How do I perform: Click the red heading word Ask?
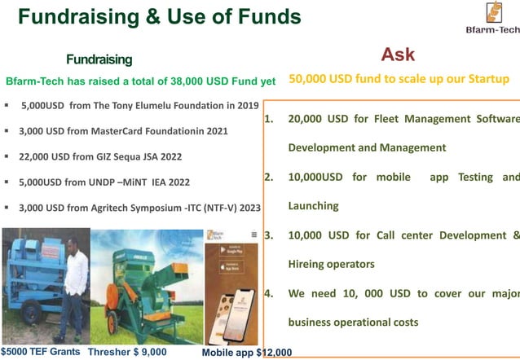tap(398, 55)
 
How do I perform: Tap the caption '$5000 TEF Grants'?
tap(41, 352)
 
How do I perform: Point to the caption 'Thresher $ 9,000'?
tap(127, 352)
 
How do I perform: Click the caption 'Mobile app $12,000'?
tap(246, 353)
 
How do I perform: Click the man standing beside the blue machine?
tap(75, 285)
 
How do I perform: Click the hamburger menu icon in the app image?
tap(253, 235)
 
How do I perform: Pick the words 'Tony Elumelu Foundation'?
tap(168, 105)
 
